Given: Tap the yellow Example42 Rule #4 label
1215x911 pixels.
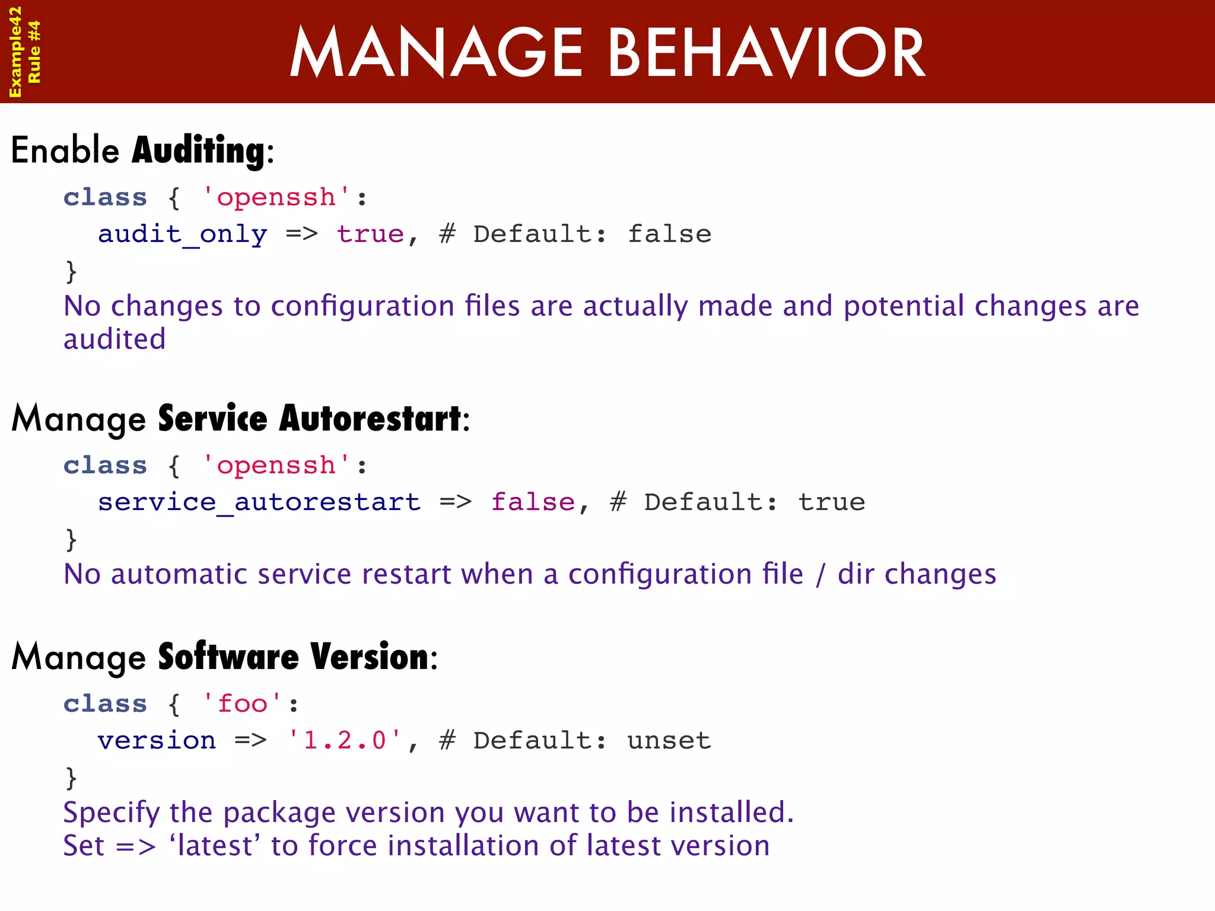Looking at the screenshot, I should [x=24, y=52].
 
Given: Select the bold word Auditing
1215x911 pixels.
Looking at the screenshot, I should [x=199, y=151].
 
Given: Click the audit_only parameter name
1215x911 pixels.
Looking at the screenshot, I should [x=182, y=234].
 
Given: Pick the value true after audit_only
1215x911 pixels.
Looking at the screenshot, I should [x=371, y=234].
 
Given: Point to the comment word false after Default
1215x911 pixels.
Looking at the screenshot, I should [x=669, y=234].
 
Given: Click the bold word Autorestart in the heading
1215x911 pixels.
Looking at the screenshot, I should [x=370, y=419].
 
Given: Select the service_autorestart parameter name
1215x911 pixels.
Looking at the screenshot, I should [x=259, y=502].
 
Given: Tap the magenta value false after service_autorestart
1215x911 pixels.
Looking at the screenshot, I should [x=533, y=502].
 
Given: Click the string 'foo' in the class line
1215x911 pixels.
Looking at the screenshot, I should [x=242, y=704].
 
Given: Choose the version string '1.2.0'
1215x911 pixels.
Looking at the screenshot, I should [x=344, y=741].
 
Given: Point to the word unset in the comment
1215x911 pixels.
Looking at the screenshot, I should [x=669, y=741].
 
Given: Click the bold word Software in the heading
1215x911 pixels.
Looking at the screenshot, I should [x=228, y=657].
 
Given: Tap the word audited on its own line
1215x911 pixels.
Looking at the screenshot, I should [x=114, y=340].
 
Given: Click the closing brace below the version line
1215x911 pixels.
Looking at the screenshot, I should [x=71, y=778].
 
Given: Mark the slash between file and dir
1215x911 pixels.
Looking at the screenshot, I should [x=820, y=575].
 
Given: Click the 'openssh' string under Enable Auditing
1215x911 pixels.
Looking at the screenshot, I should [x=276, y=198].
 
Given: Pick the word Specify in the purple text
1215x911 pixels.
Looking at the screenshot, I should [x=112, y=813].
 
